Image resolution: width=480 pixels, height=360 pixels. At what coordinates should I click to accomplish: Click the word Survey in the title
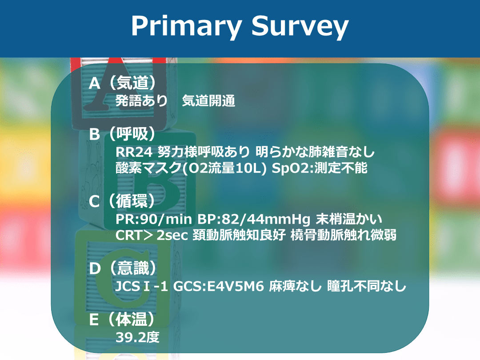click(x=300, y=27)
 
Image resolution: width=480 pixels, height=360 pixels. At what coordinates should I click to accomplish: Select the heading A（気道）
click(x=123, y=83)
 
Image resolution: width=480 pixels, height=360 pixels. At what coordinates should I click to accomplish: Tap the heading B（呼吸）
click(x=123, y=134)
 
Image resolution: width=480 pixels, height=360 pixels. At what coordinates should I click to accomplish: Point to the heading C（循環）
click(x=123, y=201)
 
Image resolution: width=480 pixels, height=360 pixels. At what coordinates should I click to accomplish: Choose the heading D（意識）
click(x=123, y=268)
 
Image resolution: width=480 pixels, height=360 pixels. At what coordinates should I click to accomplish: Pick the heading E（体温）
click(x=123, y=319)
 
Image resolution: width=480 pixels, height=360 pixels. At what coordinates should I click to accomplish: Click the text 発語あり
click(x=141, y=101)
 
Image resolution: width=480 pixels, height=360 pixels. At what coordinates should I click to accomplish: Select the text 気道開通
click(x=208, y=101)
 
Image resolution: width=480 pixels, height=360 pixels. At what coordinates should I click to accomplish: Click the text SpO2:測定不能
click(x=320, y=168)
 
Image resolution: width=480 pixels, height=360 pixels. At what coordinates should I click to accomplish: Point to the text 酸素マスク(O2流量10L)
click(x=191, y=168)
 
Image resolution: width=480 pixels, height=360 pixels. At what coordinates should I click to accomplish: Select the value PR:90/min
click(x=154, y=219)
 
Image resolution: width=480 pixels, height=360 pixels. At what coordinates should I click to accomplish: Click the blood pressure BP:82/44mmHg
click(x=254, y=219)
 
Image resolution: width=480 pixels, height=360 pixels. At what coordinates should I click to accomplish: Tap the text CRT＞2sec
click(x=152, y=235)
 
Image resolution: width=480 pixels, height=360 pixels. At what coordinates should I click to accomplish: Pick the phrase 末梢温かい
click(x=349, y=219)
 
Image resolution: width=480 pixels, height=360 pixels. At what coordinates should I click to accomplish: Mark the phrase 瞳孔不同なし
click(x=367, y=286)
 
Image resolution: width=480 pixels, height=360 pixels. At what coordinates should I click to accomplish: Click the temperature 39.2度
click(x=138, y=337)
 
